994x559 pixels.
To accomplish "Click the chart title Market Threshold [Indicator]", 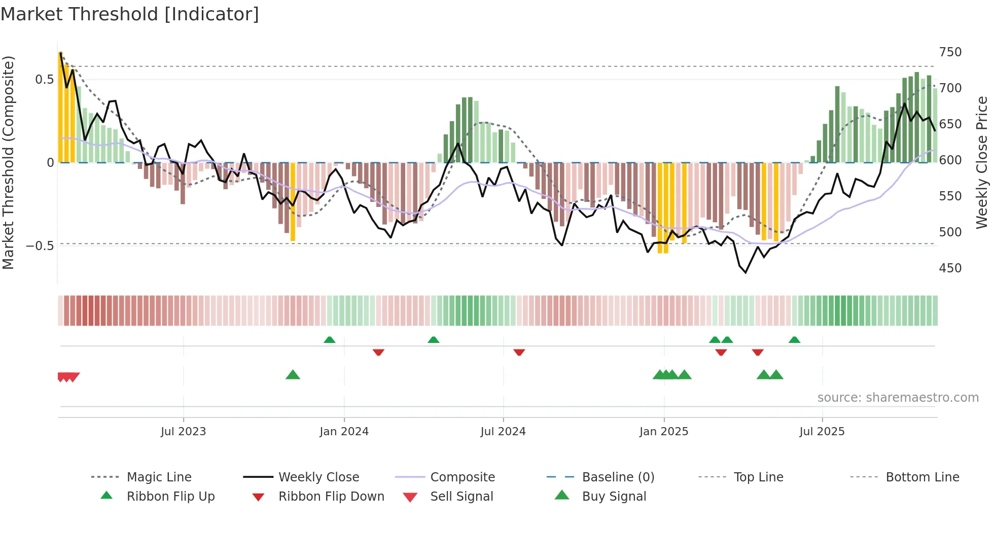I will (x=130, y=14).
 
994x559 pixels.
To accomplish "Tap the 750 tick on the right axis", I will (x=950, y=52).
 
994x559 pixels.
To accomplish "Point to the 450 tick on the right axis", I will (x=950, y=268).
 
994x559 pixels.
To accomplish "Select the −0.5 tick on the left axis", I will (x=40, y=246).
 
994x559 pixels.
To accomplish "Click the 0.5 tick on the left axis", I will (x=44, y=80).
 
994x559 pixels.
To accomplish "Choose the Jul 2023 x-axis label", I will (x=183, y=432).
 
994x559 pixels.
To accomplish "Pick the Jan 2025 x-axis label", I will (x=663, y=432).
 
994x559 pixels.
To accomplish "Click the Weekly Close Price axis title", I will (x=982, y=162).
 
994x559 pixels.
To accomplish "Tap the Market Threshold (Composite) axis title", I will (x=8, y=162).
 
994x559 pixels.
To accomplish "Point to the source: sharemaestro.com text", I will (x=898, y=398).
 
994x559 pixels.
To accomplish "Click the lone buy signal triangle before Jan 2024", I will (x=293, y=375).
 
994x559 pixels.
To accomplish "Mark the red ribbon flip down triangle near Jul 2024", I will (x=519, y=352).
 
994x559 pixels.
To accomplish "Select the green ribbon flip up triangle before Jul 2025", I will (x=794, y=340).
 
